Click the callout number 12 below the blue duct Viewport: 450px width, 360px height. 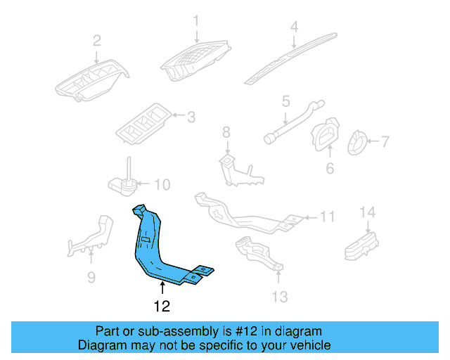[x=162, y=306]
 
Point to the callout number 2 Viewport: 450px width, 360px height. [x=97, y=39]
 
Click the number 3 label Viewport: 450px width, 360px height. [x=191, y=115]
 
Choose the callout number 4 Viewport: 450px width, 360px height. [x=295, y=27]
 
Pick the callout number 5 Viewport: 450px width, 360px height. [x=286, y=102]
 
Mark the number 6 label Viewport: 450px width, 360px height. [x=329, y=168]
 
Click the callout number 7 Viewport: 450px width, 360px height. [x=385, y=142]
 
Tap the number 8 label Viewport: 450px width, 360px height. [x=226, y=131]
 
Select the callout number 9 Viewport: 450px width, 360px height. [x=91, y=278]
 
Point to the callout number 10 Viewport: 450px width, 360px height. [x=162, y=186]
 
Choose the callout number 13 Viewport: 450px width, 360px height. [x=280, y=297]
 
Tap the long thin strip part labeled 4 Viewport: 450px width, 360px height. [x=288, y=56]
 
